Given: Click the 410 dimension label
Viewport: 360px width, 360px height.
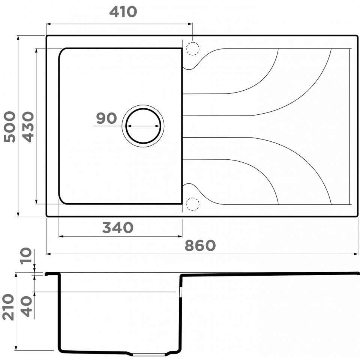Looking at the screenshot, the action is click(123, 12).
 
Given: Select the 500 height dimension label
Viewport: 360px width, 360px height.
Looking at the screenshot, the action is click(9, 126).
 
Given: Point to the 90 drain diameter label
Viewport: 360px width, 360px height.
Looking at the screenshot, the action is click(106, 118).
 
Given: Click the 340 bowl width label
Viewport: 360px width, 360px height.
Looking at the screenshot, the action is click(118, 228).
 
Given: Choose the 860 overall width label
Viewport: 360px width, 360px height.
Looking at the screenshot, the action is click(200, 245).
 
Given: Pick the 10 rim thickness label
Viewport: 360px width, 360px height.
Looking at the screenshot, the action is click(26, 256).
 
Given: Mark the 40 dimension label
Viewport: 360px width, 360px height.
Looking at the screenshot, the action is click(26, 306).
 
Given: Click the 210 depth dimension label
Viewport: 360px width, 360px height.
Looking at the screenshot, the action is click(8, 307).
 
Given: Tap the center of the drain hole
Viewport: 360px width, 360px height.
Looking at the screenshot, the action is click(143, 126).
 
